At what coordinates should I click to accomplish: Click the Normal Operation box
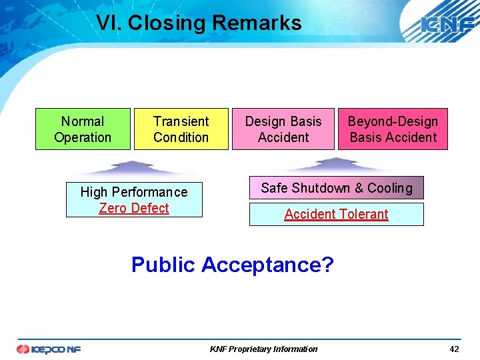[x=83, y=129]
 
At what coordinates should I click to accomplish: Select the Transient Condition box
[x=181, y=129]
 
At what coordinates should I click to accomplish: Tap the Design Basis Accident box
[x=283, y=129]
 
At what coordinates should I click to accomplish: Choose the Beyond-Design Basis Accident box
[x=393, y=129]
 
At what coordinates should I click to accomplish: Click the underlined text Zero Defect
[x=134, y=208]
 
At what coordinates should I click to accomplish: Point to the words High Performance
[x=134, y=192]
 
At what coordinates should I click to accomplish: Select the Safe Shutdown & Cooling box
[x=337, y=188]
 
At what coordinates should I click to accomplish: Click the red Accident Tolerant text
[x=336, y=214]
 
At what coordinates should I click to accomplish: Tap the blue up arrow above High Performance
[x=134, y=167]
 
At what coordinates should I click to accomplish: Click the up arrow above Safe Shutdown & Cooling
[x=336, y=164]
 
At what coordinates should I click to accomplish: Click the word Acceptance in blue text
[x=267, y=265]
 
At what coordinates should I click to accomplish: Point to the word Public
[x=163, y=265]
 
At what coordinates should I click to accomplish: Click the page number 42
[x=454, y=349]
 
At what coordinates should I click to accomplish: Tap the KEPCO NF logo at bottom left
[x=48, y=349]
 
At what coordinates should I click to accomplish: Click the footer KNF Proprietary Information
[x=263, y=349]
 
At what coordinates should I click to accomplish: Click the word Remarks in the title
[x=257, y=23]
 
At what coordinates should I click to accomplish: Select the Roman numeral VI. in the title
[x=109, y=23]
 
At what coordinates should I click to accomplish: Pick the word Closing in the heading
[x=167, y=23]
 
